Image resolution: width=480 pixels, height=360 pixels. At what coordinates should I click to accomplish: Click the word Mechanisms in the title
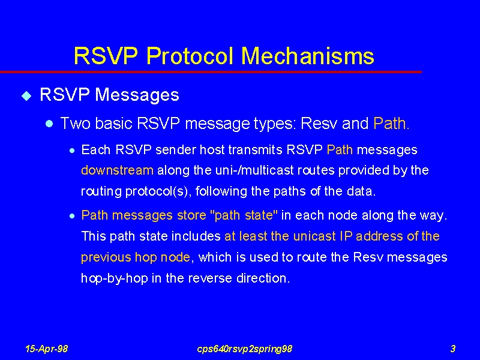pyautogui.click(x=308, y=56)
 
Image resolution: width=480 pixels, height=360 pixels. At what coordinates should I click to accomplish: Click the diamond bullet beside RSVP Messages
pyautogui.click(x=26, y=96)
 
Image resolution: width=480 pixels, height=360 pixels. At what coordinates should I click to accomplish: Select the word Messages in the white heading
pyautogui.click(x=137, y=95)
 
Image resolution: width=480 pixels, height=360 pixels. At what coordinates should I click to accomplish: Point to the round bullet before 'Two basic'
pyautogui.click(x=49, y=124)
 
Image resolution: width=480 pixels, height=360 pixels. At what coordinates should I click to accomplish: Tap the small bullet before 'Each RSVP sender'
pyautogui.click(x=72, y=151)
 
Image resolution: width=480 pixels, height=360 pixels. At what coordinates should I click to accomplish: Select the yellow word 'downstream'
pyautogui.click(x=117, y=170)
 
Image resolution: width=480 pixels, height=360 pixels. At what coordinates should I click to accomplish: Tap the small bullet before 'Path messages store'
pyautogui.click(x=72, y=216)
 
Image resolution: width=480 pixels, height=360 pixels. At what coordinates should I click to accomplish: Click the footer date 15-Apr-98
pyautogui.click(x=47, y=349)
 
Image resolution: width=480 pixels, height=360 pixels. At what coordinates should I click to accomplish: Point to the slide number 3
pyautogui.click(x=453, y=349)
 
